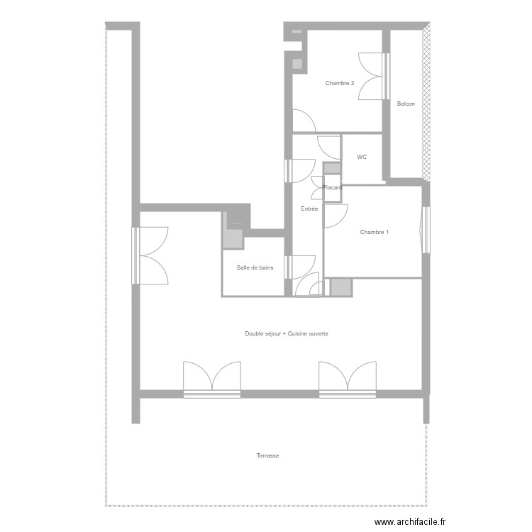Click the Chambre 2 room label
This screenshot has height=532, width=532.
[339, 84]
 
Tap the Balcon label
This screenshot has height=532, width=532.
[406, 104]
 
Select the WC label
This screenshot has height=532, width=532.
[362, 157]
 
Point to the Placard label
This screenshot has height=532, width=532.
[332, 188]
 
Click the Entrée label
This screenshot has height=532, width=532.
[309, 209]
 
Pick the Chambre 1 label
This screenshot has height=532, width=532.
[374, 232]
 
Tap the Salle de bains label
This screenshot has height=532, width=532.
[255, 268]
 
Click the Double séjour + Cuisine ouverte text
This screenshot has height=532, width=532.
[287, 333]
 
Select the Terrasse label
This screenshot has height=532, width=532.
[267, 455]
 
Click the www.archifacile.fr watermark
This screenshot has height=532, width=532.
[411, 522]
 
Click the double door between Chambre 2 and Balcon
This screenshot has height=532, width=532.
[374, 76]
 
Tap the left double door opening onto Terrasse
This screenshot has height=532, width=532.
[212, 377]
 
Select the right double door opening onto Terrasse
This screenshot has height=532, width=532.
[347, 377]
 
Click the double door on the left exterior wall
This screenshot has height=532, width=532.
[150, 255]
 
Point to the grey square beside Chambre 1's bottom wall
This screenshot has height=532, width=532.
[340, 287]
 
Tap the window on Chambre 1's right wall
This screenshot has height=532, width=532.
[426, 228]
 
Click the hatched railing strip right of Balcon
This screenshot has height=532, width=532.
[426, 99]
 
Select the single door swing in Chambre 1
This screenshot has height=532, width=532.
[336, 216]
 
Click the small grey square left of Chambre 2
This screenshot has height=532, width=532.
[297, 63]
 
